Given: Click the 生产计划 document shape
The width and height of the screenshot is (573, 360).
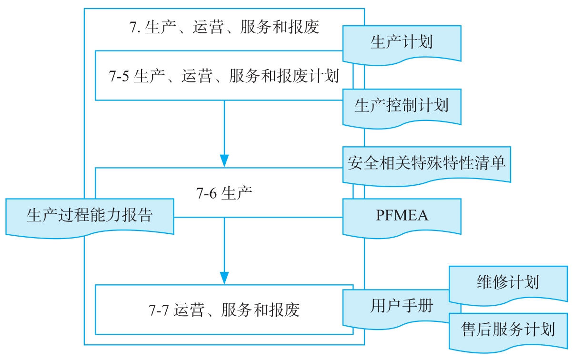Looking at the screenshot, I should pos(402,42).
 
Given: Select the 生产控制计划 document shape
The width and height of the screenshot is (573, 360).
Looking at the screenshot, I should pos(402,106).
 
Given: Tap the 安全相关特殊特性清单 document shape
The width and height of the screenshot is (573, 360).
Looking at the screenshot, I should pos(426,163).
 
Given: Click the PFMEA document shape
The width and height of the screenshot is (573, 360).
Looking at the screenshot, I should pos(402,216).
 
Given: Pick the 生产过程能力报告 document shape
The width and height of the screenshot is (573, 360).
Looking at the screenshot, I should pos(90,216).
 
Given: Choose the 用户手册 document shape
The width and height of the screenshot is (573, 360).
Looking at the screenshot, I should pos(395,306).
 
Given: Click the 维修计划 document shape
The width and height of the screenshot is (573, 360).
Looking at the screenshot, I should pos(508,283).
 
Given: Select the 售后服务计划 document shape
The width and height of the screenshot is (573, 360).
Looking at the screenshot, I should pos(508,330).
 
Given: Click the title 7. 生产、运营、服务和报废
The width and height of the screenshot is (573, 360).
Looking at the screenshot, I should pos(224,28).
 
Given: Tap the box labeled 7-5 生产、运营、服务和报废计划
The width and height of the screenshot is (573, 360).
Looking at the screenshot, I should pos(224,76).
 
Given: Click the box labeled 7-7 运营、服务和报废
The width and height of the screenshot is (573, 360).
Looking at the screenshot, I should pos(224,310).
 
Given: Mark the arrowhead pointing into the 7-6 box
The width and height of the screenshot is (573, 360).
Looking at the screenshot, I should pos(224,160).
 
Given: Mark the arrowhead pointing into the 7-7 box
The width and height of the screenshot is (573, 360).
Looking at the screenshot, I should pos(224,278).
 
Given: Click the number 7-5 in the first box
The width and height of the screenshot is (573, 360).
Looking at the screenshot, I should pos(119,76).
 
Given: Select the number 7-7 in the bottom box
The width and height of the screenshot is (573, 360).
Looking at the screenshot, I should pos(158,310).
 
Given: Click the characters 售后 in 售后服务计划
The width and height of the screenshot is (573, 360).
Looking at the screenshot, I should pos(477,330).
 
